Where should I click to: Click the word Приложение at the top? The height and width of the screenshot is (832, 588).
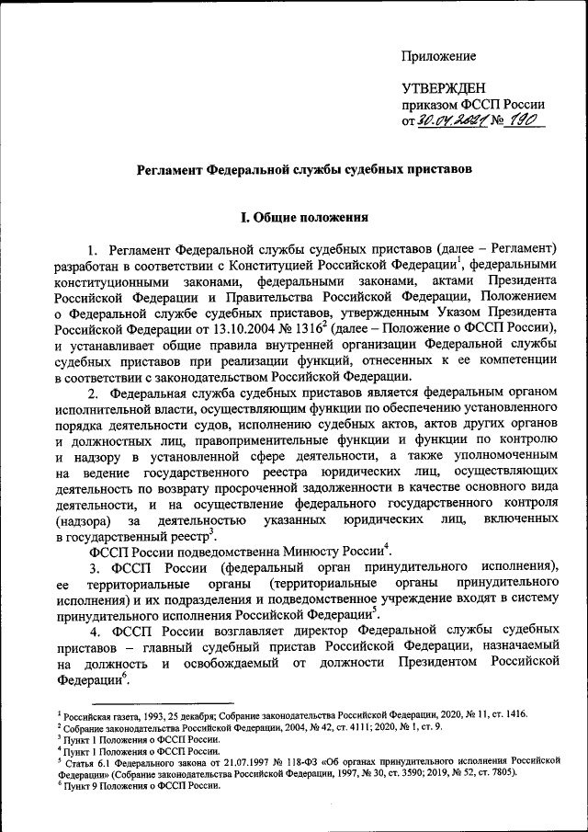tap(438, 58)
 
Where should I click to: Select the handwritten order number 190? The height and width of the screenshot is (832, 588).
tap(525, 120)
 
